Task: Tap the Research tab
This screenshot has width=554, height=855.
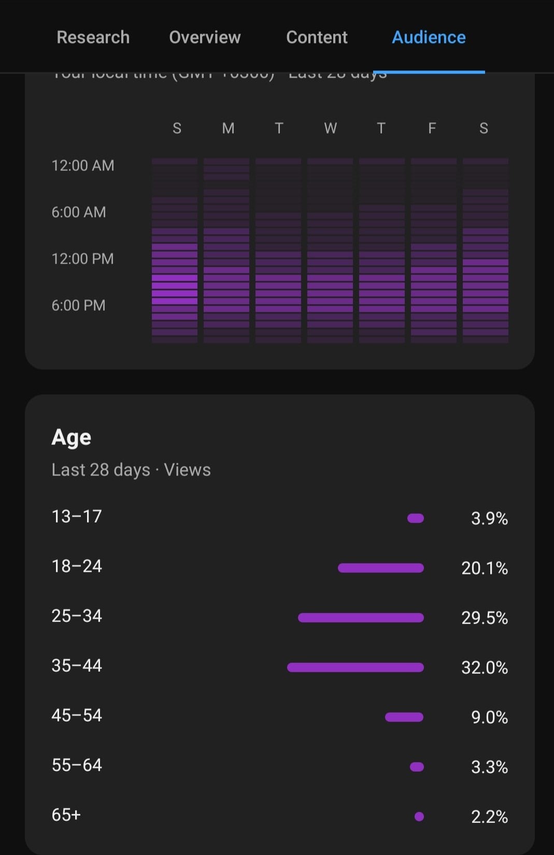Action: coord(93,37)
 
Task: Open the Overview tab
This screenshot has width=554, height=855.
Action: coord(205,37)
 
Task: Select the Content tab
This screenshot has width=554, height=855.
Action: coord(317,37)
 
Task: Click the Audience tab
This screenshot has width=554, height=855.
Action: coord(429,37)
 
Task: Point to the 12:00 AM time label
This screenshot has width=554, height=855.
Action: coord(83,166)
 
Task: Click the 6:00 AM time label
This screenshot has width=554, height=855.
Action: coord(79,212)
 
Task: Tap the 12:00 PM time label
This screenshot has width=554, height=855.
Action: coord(83,259)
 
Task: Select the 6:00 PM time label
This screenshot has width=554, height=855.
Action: coord(79,306)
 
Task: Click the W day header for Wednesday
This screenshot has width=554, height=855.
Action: coord(330,128)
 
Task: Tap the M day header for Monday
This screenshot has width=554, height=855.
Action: coord(228,128)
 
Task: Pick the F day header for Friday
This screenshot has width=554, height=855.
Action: coord(432,128)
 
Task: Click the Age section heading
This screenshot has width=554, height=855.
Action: coord(72,438)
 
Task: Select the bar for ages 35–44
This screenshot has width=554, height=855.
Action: coord(356,668)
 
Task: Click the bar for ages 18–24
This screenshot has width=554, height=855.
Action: coord(381,568)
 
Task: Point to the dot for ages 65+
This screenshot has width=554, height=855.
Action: coord(419,817)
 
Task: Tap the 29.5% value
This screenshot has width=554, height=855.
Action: coord(485,618)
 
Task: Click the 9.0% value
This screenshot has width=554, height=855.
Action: coord(489,717)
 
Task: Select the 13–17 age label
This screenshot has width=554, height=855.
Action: coord(77,516)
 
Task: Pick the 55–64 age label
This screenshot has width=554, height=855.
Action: coord(77,765)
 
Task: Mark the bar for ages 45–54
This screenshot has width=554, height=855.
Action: coord(404,717)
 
